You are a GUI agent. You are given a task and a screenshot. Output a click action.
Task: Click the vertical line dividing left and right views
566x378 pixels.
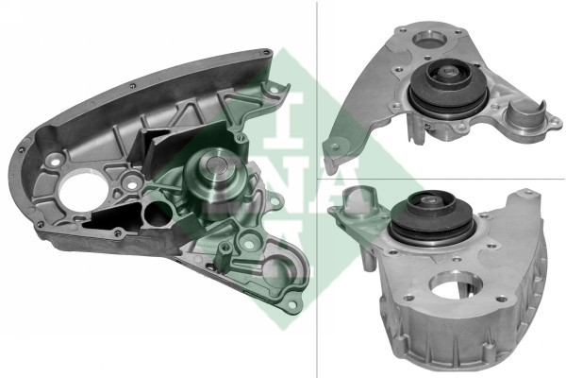(315, 189)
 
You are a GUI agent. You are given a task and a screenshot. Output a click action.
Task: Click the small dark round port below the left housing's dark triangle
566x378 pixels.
(160, 214)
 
